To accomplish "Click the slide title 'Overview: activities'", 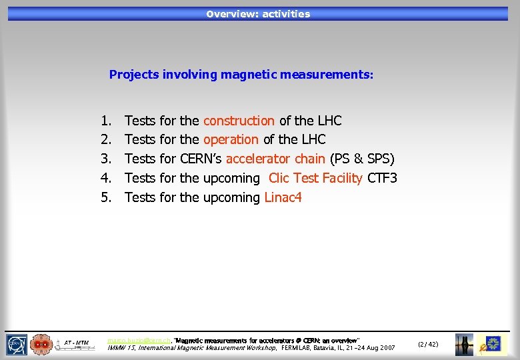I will click(258, 14).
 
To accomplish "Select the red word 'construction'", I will click(239, 121).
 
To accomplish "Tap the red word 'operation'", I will click(231, 139).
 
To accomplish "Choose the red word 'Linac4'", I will click(283, 197).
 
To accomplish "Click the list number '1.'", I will click(106, 121).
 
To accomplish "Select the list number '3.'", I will click(106, 159).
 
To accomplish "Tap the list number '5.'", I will click(106, 197).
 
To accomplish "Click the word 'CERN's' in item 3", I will click(201, 159).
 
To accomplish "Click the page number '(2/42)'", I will click(427, 344).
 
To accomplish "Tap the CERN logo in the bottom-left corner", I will click(17, 344).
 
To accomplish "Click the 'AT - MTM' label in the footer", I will click(77, 343).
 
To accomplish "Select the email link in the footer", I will click(139, 340).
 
